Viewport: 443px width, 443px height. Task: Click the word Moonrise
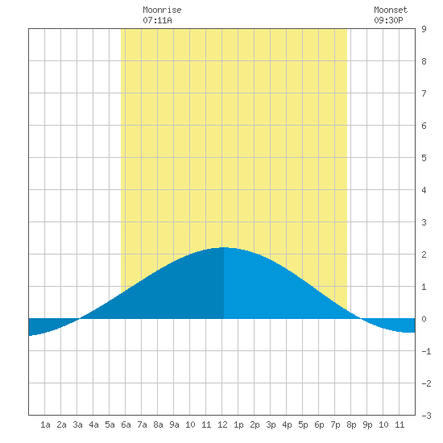tap(162, 10)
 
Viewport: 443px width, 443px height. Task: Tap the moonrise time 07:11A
tap(157, 20)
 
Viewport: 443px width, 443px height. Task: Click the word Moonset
tap(391, 10)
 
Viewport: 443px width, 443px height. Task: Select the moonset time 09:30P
tap(388, 20)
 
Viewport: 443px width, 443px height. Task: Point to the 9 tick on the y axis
tap(424, 29)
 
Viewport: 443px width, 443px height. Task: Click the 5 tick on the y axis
tap(424, 158)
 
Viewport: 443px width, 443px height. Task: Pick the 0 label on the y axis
tap(424, 319)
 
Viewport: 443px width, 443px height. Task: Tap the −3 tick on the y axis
tap(426, 416)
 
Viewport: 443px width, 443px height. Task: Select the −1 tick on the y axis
tap(426, 351)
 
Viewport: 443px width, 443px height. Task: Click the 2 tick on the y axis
tap(424, 255)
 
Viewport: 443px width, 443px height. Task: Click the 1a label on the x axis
tap(45, 424)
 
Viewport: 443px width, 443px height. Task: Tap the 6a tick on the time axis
tap(126, 424)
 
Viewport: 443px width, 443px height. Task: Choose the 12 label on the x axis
tap(222, 424)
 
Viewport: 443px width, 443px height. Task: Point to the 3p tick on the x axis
tap(271, 424)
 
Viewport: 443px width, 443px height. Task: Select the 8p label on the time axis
tap(351, 424)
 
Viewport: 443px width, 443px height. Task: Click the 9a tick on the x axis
tap(174, 424)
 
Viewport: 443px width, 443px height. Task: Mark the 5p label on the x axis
tap(303, 424)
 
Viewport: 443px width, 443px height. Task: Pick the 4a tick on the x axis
tap(93, 424)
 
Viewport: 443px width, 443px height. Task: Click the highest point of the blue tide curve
tap(224, 247)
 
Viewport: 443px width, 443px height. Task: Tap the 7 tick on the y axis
tap(424, 93)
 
